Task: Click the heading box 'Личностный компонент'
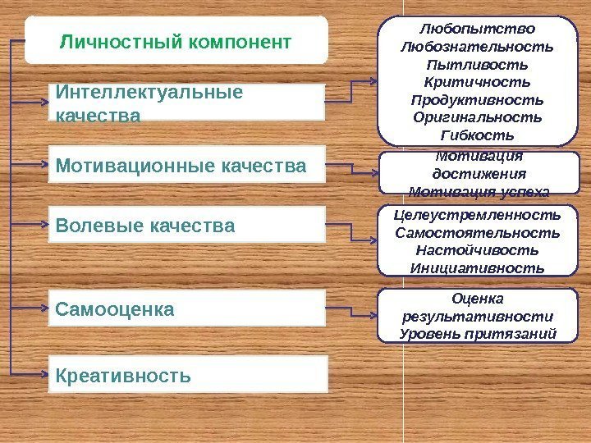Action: [176, 39]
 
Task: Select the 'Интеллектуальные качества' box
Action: [186, 103]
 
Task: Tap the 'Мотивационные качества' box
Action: [186, 167]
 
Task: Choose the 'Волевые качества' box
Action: [186, 224]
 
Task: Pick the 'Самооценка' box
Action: [186, 309]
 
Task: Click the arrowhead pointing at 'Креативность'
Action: [45, 374]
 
